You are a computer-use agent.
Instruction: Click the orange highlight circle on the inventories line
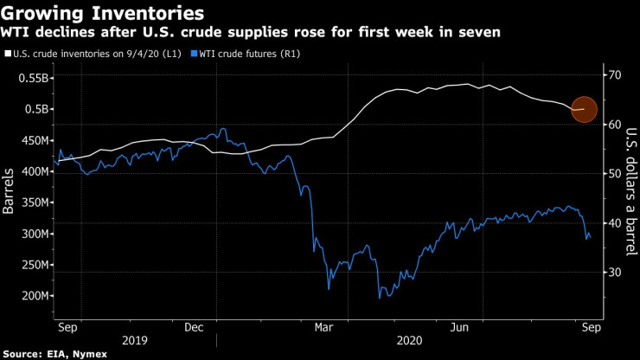pos(585,109)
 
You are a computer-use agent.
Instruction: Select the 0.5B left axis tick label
pos(35,109)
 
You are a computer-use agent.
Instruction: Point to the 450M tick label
pos(31,140)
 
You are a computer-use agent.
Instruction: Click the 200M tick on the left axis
pos(31,296)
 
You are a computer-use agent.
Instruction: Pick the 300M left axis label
pos(31,234)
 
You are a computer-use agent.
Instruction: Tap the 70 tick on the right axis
pos(615,75)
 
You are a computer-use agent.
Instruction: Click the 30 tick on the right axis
pos(615,273)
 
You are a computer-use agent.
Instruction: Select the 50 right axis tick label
pos(615,174)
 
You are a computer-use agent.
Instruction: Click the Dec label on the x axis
pos(194,327)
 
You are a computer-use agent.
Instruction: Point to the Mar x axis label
pos(323,327)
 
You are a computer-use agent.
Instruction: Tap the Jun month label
pos(460,327)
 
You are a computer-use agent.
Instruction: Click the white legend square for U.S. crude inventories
pos(8,55)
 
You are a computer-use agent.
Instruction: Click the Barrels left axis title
pos(10,191)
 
